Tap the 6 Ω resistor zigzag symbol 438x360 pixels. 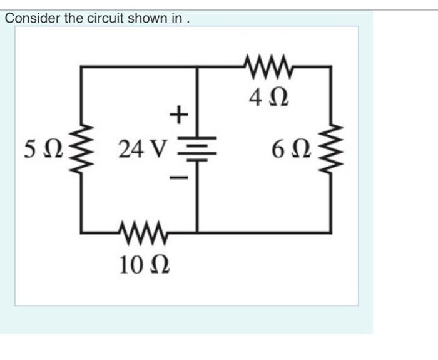point(331,150)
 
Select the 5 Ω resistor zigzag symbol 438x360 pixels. point(82,150)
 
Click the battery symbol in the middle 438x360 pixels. point(198,149)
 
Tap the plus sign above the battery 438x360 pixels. point(178,114)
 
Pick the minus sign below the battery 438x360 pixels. point(178,179)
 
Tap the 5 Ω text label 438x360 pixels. point(43,150)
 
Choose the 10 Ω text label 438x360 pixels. point(145,264)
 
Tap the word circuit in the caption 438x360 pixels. point(104,18)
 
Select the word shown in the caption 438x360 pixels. point(146,18)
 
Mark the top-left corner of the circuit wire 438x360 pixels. point(82,66)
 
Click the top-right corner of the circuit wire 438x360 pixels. point(331,66)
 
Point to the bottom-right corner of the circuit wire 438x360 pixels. point(331,232)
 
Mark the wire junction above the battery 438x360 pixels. point(198,66)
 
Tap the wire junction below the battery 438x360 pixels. point(198,232)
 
